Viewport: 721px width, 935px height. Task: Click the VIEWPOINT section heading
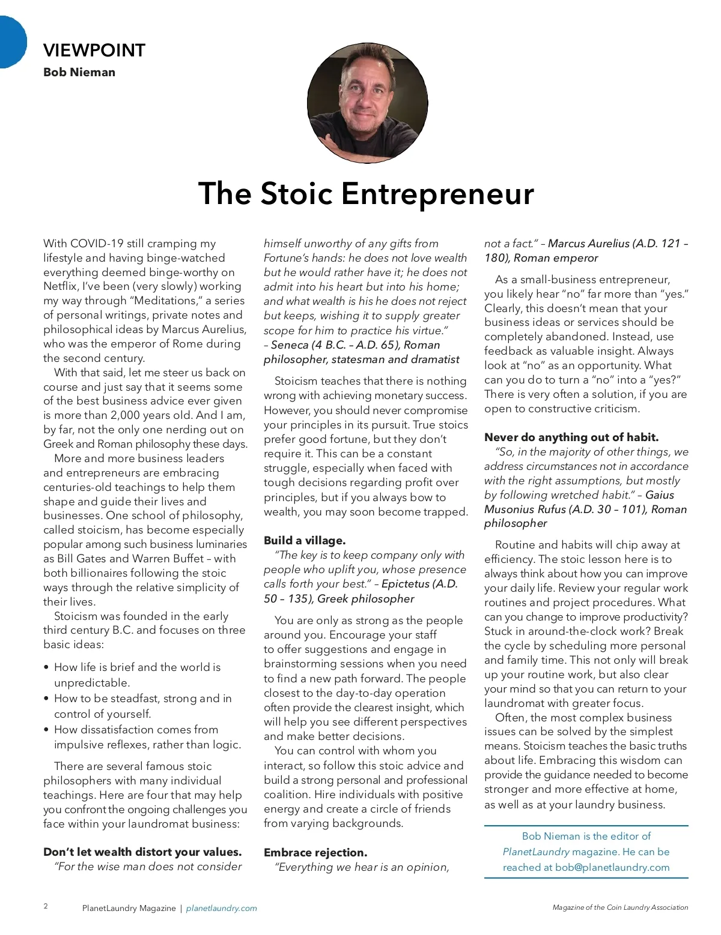click(x=94, y=50)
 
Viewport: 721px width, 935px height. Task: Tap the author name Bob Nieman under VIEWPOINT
click(x=79, y=73)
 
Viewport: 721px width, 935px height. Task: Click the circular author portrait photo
click(x=367, y=103)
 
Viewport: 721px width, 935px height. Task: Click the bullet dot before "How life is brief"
click(x=46, y=668)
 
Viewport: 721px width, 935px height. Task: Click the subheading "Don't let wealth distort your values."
click(x=142, y=852)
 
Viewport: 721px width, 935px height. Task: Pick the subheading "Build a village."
click(x=305, y=541)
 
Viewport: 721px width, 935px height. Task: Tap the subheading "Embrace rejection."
click(x=315, y=853)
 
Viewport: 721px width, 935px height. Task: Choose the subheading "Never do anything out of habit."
click(x=571, y=437)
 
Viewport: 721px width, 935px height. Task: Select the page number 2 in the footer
click(x=46, y=906)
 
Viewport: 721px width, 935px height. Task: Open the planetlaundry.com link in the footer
click(x=221, y=909)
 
